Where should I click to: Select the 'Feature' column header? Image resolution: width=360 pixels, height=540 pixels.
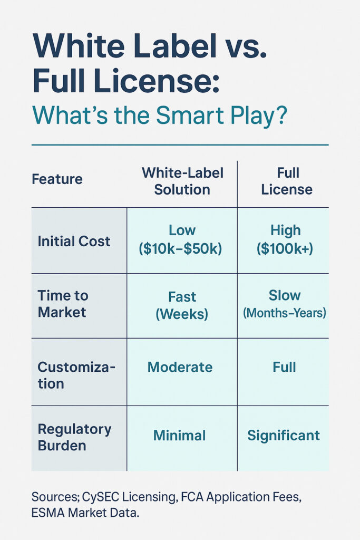click(x=57, y=179)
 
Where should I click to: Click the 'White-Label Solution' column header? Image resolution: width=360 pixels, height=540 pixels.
click(x=182, y=181)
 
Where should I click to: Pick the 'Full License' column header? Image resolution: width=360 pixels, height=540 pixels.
click(x=286, y=181)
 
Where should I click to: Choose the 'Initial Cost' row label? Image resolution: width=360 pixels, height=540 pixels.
click(x=74, y=241)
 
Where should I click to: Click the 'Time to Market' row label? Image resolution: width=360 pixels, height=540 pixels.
click(x=62, y=304)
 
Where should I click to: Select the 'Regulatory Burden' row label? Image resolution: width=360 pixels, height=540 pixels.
click(x=74, y=437)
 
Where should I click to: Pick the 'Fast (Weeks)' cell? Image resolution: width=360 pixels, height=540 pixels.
click(x=182, y=305)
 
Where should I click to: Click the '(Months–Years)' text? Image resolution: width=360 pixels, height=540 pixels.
click(x=284, y=313)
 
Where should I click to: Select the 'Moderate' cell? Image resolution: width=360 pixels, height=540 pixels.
click(x=180, y=367)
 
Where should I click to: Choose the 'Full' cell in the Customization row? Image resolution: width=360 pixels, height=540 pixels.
click(x=284, y=367)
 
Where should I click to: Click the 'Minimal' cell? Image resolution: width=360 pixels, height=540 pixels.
click(x=179, y=435)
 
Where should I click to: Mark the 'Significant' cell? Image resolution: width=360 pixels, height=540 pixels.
click(x=284, y=435)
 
